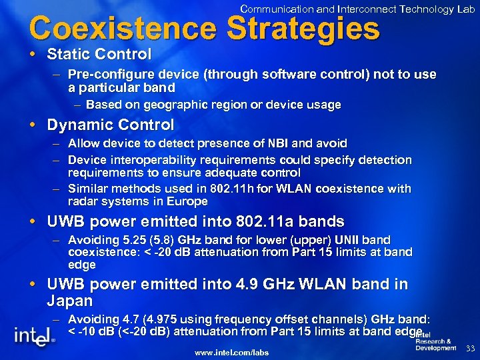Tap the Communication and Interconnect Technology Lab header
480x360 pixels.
(357, 9)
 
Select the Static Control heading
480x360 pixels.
(99, 53)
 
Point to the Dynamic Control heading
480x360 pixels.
(110, 125)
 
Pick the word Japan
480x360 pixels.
(69, 301)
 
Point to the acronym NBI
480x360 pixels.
(279, 143)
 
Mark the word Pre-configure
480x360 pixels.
(107, 74)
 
